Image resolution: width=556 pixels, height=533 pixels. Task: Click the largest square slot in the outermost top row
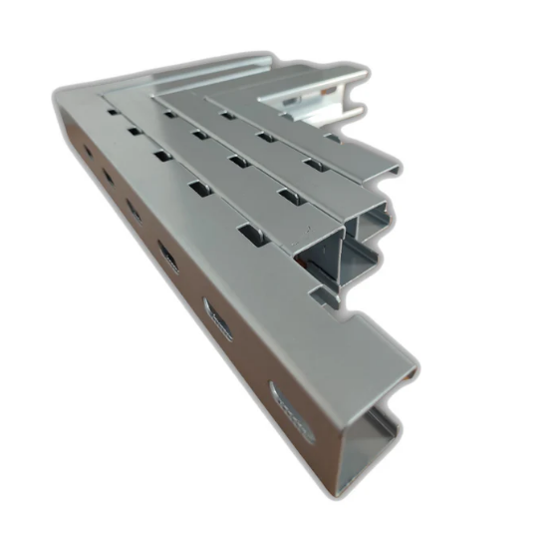(x=254, y=239)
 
